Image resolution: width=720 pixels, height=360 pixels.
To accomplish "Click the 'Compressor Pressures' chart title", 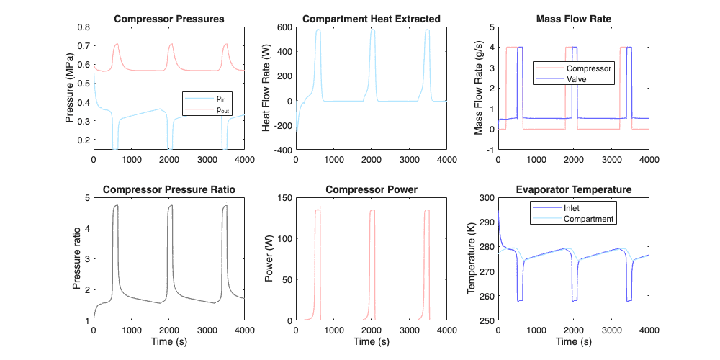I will pyautogui.click(x=169, y=19).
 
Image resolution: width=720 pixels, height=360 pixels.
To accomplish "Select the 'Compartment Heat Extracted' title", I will pyautogui.click(x=372, y=19).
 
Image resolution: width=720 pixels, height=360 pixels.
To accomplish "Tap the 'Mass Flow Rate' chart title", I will pyautogui.click(x=574, y=19).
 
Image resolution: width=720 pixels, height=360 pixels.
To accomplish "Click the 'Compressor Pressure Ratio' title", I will pyautogui.click(x=169, y=189).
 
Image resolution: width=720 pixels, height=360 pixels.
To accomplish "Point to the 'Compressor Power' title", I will pyautogui.click(x=372, y=189).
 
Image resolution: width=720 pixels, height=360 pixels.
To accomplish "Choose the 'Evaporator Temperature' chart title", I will pyautogui.click(x=574, y=189).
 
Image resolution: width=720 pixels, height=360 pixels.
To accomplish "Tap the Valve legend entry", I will pyautogui.click(x=577, y=79).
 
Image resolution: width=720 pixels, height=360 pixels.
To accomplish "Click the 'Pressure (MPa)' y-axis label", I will pyautogui.click(x=70, y=88).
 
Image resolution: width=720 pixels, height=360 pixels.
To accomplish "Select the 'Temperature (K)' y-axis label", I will pyautogui.click(x=472, y=258).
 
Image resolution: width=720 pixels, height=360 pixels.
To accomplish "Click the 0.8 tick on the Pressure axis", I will pyautogui.click(x=84, y=27).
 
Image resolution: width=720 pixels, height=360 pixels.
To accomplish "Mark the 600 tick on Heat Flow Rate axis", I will pyautogui.click(x=284, y=27).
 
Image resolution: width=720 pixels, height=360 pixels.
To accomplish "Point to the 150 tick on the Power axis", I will pyautogui.click(x=284, y=198).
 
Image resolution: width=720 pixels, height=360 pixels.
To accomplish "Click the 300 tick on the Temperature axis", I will pyautogui.click(x=486, y=198).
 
